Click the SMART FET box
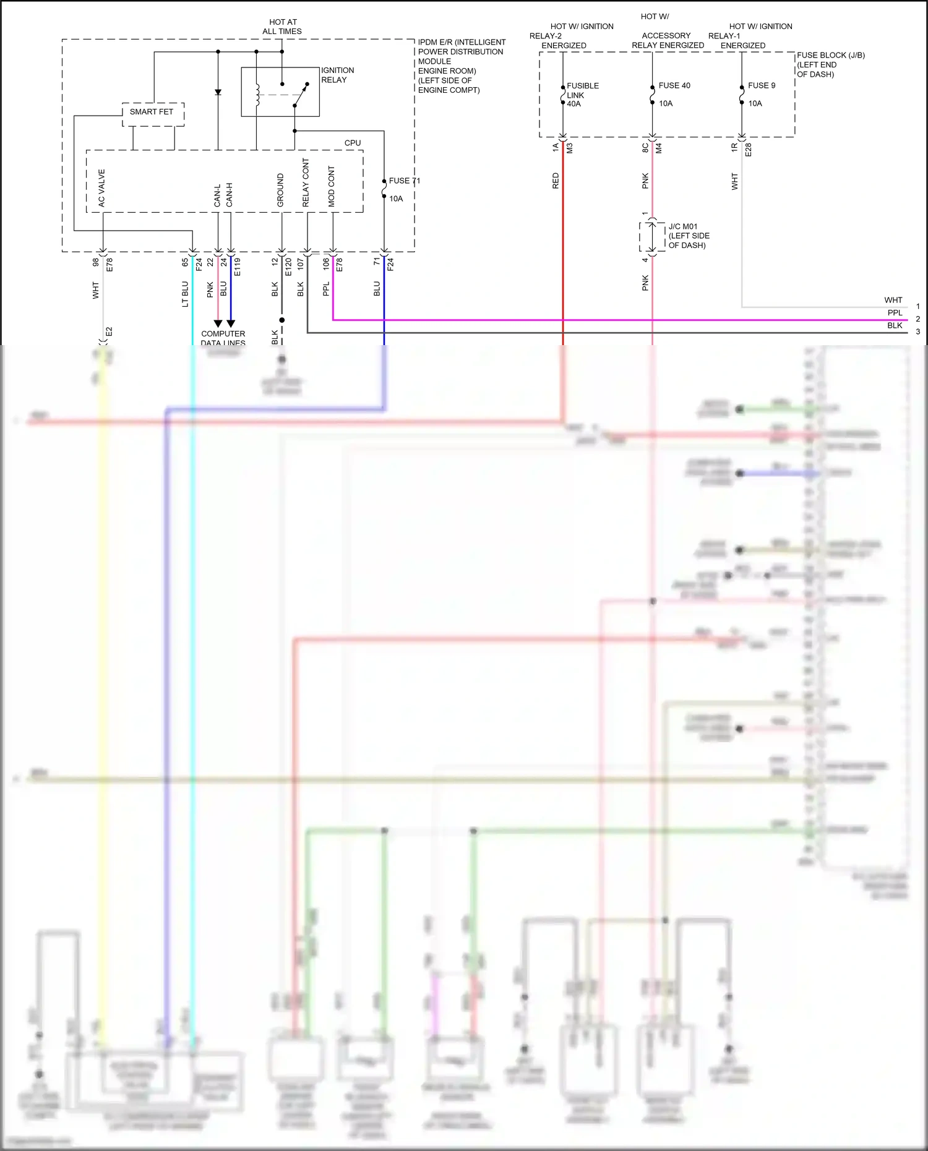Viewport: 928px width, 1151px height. tap(152, 112)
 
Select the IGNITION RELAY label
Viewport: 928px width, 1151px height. tap(337, 75)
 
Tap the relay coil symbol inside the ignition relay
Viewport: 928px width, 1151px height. tap(257, 93)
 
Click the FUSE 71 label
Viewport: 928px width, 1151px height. tap(404, 181)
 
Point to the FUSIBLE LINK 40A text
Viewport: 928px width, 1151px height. tap(582, 95)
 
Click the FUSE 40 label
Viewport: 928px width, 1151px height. tap(674, 85)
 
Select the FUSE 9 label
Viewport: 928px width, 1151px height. tap(761, 85)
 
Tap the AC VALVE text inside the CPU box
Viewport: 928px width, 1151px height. tap(102, 188)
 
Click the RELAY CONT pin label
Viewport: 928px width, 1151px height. tap(306, 182)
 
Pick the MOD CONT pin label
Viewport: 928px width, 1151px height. tap(332, 186)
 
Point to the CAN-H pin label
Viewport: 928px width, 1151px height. tap(230, 194)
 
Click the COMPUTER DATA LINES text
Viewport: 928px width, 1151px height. tap(223, 338)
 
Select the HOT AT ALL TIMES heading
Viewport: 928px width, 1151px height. tap(282, 27)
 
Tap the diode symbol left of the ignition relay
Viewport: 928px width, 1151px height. tap(218, 92)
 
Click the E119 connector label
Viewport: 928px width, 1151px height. tap(238, 267)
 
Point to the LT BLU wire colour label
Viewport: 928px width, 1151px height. tap(185, 294)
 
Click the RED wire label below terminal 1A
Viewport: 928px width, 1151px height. tap(556, 181)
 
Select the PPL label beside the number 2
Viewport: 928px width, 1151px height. tap(895, 313)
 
